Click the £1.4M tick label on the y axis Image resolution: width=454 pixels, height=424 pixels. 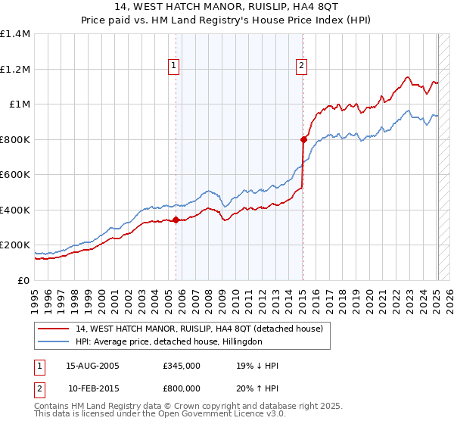pyautogui.click(x=15, y=34)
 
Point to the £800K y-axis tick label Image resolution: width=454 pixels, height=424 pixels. pyautogui.click(x=15, y=139)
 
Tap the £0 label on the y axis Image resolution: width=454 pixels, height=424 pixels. pyautogui.click(x=24, y=280)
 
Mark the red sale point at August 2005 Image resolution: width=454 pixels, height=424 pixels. pyautogui.click(x=176, y=220)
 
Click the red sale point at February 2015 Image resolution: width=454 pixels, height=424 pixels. pyautogui.click(x=303, y=139)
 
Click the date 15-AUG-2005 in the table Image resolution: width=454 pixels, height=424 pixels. pyautogui.click(x=93, y=366)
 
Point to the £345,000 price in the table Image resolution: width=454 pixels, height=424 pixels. pyautogui.click(x=182, y=366)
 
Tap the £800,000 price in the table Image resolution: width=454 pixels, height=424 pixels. pyautogui.click(x=182, y=388)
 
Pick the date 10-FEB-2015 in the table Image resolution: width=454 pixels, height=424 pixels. pyautogui.click(x=93, y=388)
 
